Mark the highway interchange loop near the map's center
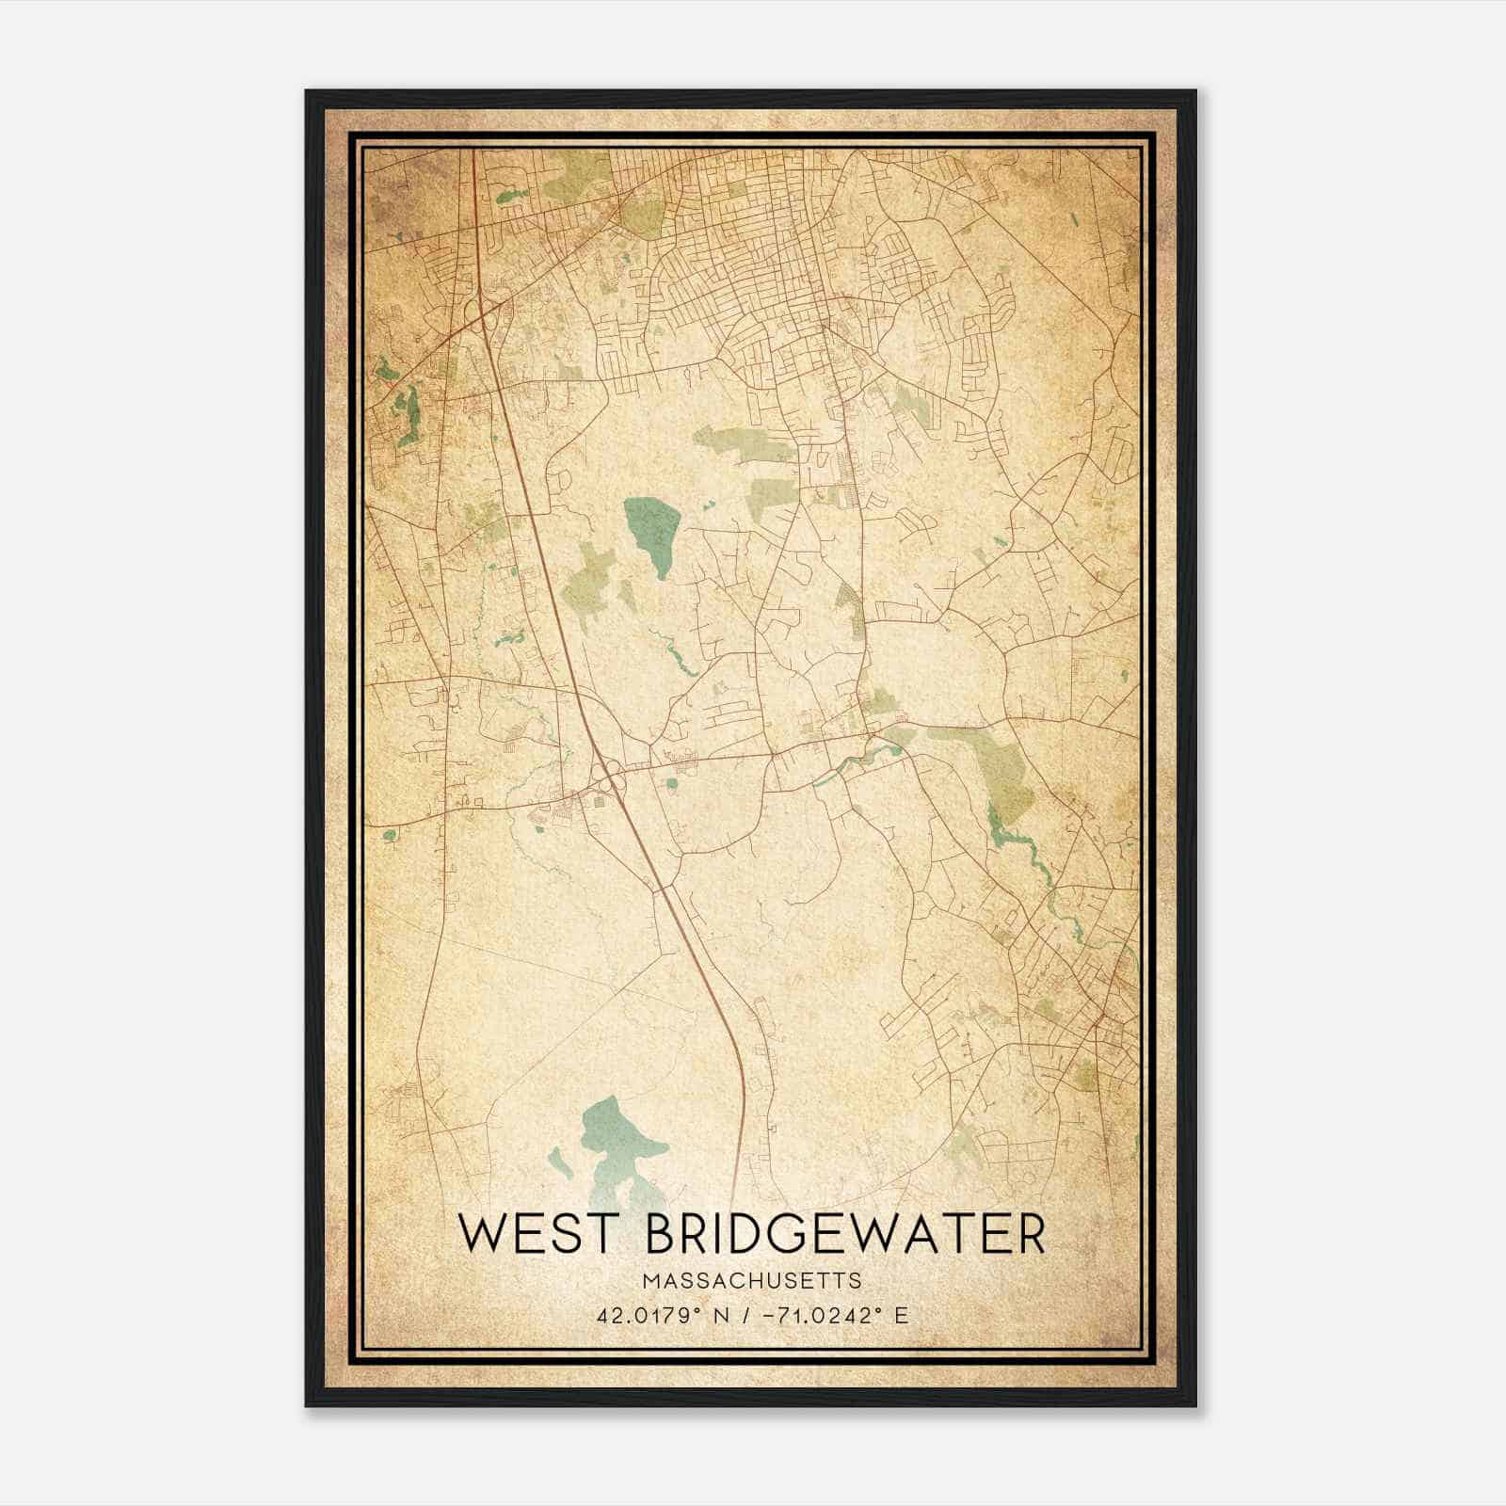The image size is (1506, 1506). (609, 779)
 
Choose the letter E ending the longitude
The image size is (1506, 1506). (902, 1315)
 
